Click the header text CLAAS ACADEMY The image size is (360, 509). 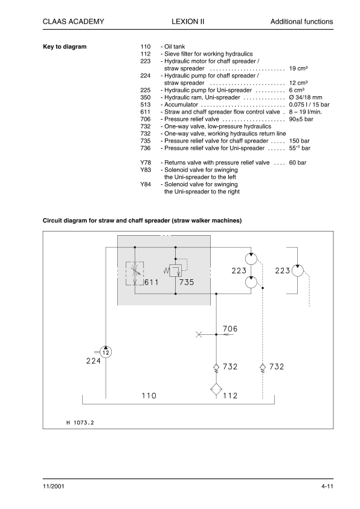pyautogui.click(x=74, y=22)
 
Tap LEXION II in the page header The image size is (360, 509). pyautogui.click(x=188, y=22)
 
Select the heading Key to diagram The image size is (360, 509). pyautogui.click(x=65, y=47)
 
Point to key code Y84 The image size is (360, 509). pyautogui.click(x=145, y=184)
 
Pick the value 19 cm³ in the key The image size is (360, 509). pyautogui.click(x=299, y=68)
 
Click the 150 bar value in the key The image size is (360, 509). pyautogui.click(x=300, y=141)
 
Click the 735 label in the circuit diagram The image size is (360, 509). pyautogui.click(x=186, y=282)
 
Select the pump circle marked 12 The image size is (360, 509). pyautogui.click(x=106, y=352)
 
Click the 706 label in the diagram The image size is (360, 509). pyautogui.click(x=230, y=329)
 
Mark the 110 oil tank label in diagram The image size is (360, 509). pyautogui.click(x=149, y=396)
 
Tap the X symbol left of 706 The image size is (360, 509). pyautogui.click(x=199, y=334)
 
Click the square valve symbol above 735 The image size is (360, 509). pyautogui.click(x=175, y=271)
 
